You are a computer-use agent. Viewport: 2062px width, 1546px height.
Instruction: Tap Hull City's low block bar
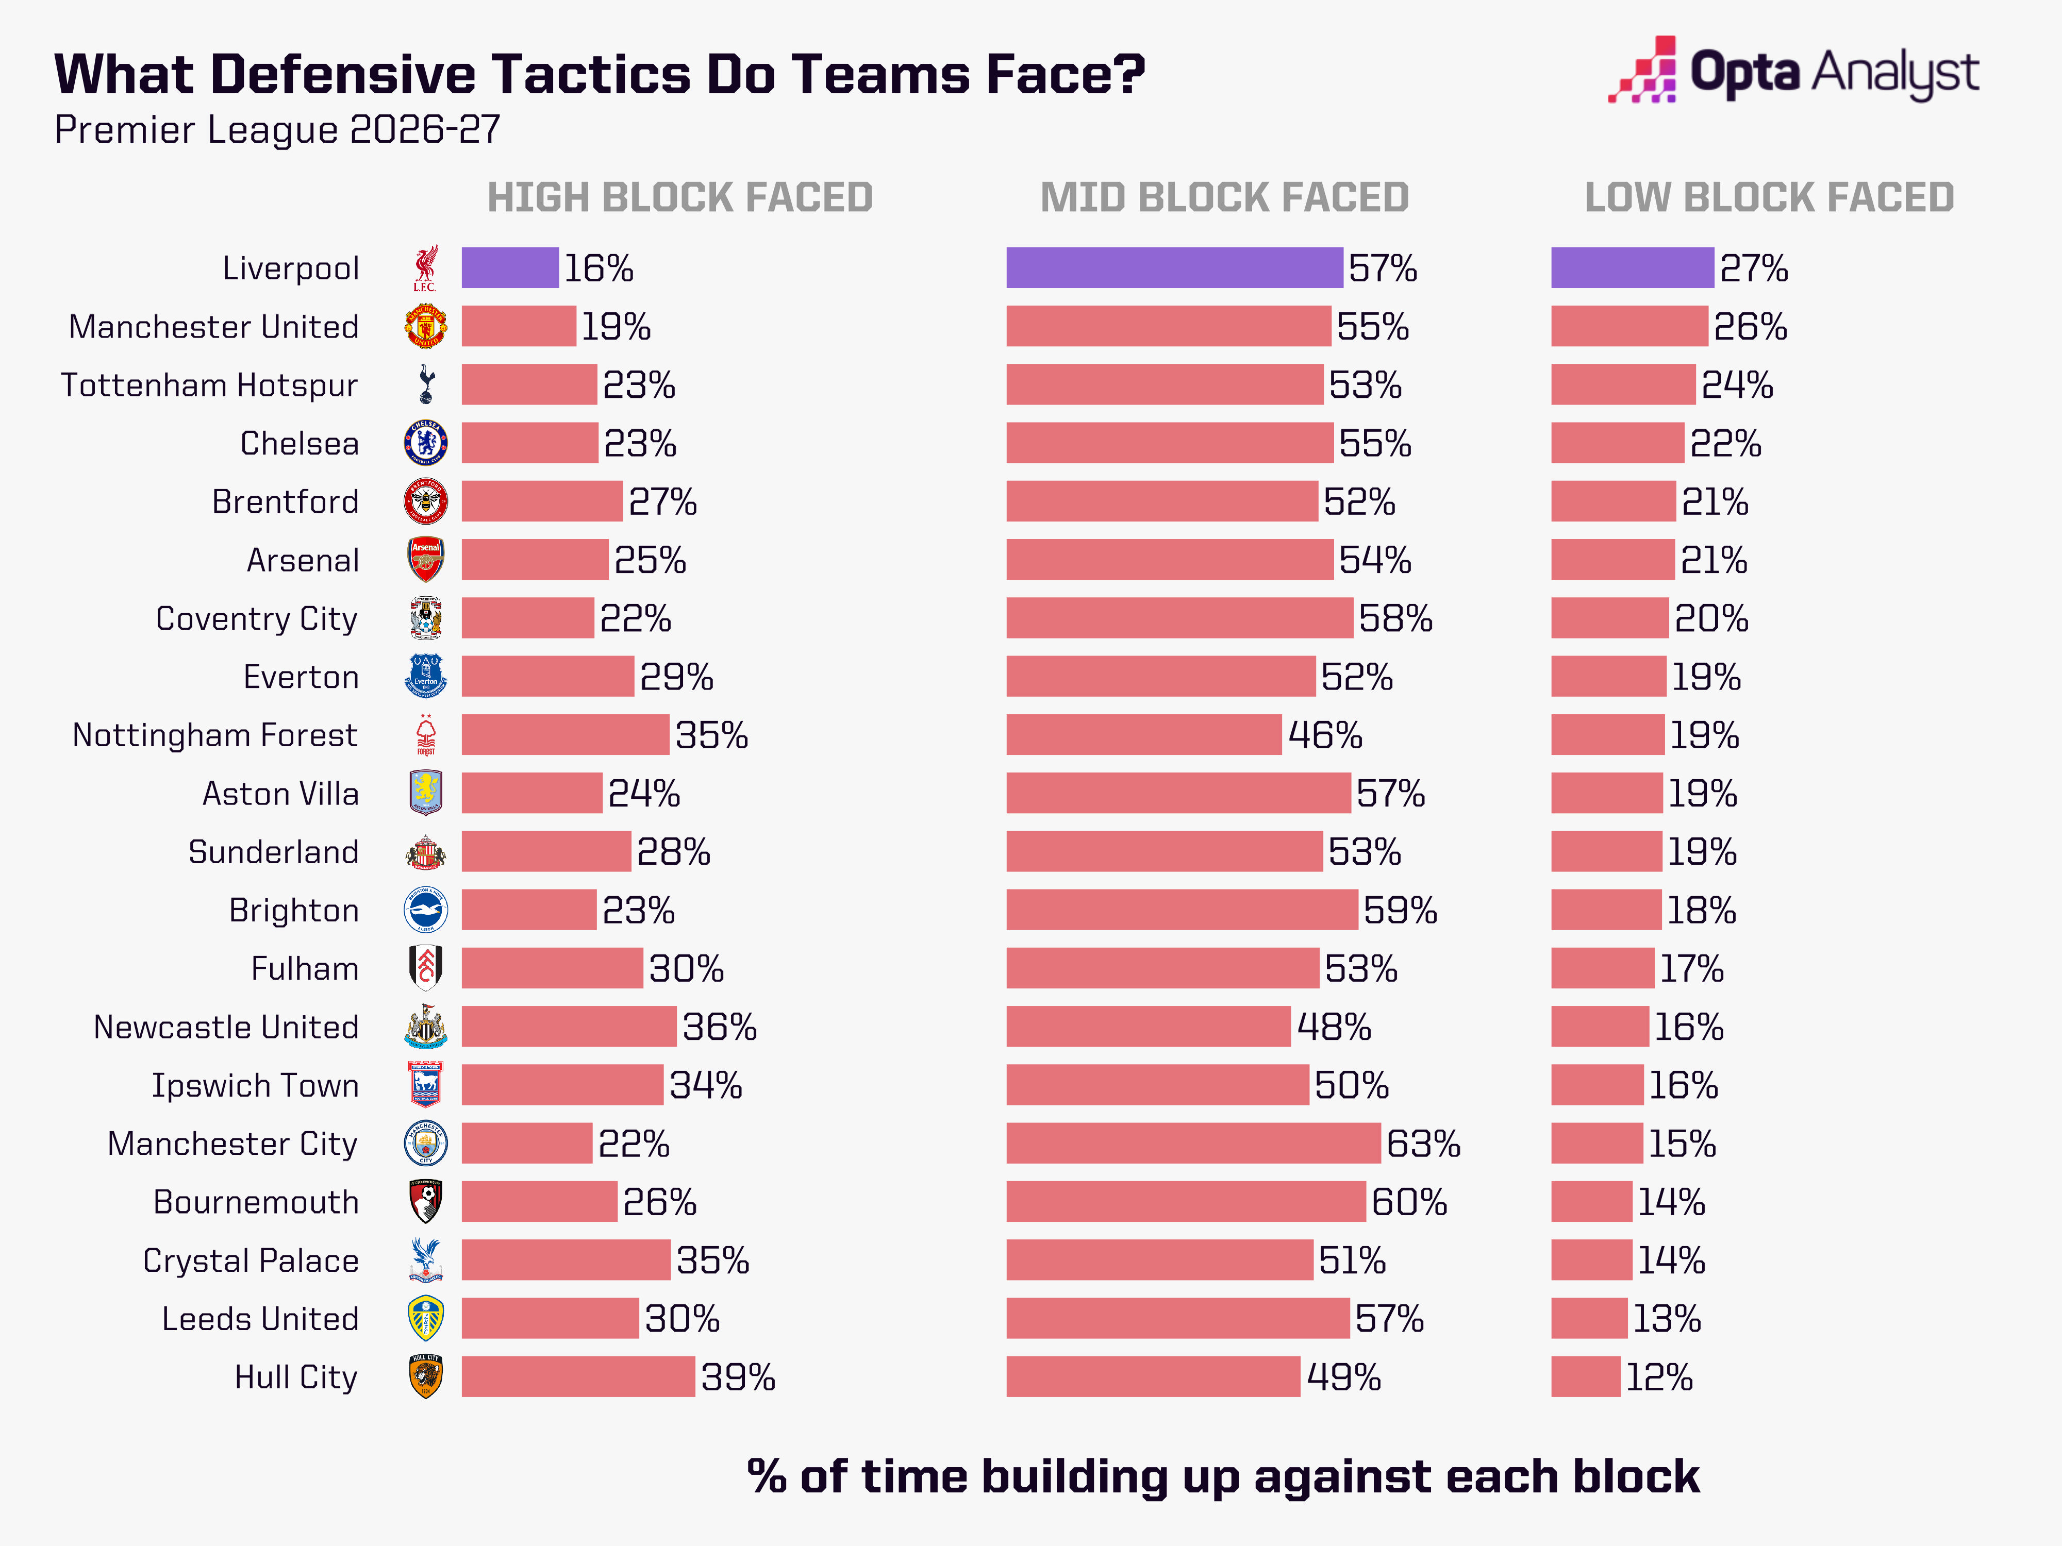(x=1586, y=1376)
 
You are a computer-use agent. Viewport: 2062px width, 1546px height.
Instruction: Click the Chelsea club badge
(x=425, y=443)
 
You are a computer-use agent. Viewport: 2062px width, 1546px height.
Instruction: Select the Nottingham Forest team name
(x=215, y=735)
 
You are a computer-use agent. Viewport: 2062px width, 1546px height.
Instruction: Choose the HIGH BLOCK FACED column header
(x=679, y=197)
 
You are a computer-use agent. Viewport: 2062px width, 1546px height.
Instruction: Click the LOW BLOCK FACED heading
(x=1769, y=197)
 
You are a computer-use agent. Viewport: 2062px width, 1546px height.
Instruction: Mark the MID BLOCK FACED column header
(x=1224, y=197)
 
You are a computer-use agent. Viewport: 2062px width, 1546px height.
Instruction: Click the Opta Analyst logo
(x=1793, y=70)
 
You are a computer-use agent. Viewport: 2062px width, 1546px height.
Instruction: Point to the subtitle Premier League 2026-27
(x=278, y=129)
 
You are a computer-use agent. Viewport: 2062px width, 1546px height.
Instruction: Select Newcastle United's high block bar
(x=569, y=1026)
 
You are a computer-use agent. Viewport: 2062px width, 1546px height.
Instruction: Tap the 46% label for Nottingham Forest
(x=1325, y=735)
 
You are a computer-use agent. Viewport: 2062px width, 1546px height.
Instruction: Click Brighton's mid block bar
(x=1182, y=910)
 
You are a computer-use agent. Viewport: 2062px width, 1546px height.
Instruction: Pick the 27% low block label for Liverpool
(x=1753, y=268)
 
